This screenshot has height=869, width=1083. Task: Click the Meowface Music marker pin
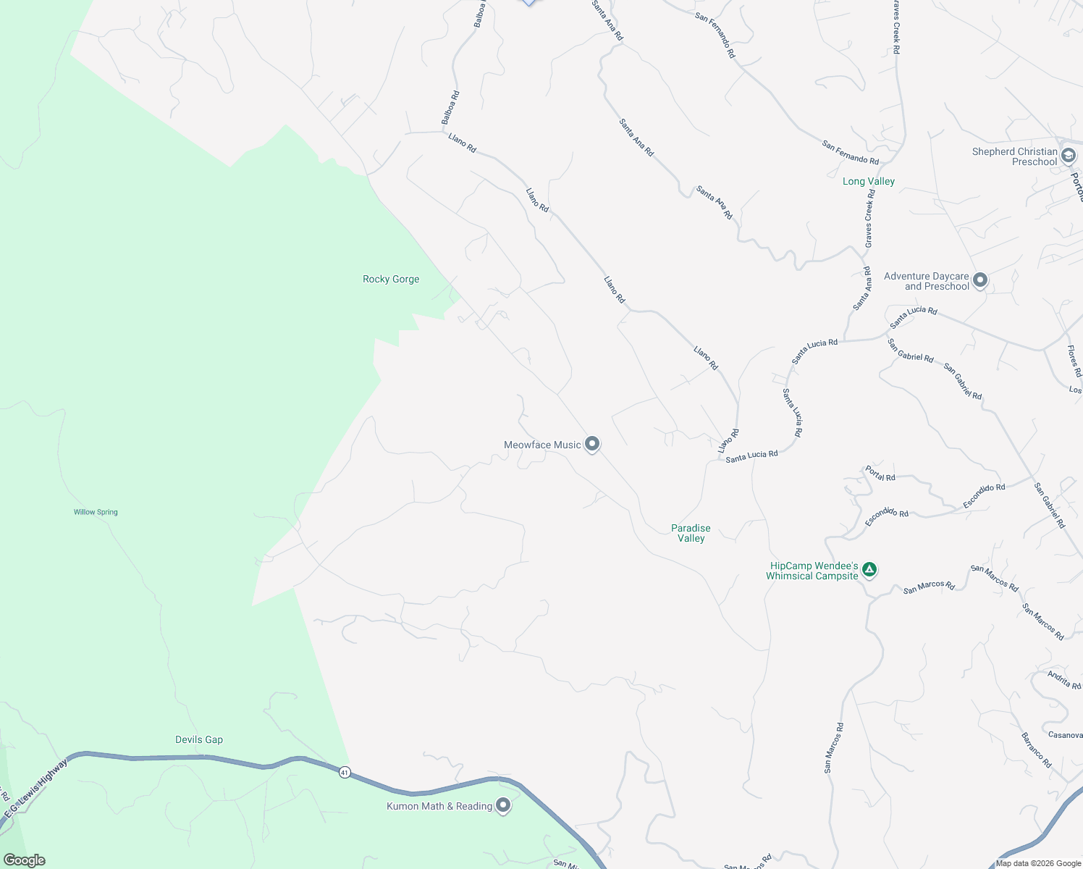point(592,443)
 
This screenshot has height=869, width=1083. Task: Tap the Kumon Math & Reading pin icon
point(503,805)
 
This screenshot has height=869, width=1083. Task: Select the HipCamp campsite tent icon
point(870,570)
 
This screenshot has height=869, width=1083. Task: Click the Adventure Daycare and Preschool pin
point(980,280)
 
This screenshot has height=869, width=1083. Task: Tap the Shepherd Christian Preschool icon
point(1068,156)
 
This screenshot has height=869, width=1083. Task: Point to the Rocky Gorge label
point(391,279)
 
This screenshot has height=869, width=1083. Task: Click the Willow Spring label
point(96,512)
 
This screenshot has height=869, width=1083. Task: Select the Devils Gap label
point(199,739)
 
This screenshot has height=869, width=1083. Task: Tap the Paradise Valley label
point(691,533)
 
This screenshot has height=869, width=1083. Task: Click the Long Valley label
point(869,181)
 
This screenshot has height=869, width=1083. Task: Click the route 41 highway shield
point(345,773)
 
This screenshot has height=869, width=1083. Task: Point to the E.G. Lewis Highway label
point(36,789)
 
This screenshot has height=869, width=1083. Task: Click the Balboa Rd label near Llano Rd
point(450,107)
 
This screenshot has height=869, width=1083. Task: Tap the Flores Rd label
point(1074,361)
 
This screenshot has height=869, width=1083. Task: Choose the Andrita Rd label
point(1064,680)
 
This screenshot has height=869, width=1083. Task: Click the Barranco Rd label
point(1036,750)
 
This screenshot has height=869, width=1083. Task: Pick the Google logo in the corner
point(25,860)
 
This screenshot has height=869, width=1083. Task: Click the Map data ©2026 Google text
point(1038,863)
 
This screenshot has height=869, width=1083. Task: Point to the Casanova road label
point(1065,735)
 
